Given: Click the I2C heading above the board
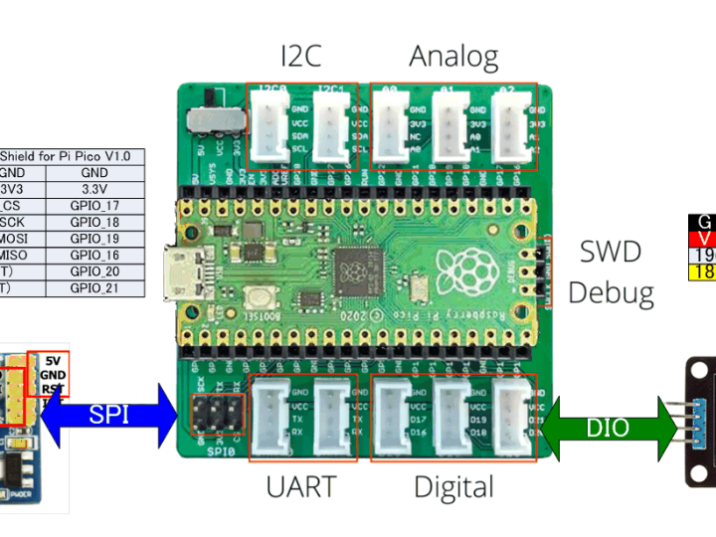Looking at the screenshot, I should (x=300, y=57).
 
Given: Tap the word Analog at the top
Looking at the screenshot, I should (x=453, y=57).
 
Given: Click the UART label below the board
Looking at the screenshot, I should (x=300, y=486).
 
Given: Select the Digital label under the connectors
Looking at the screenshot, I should (x=453, y=486).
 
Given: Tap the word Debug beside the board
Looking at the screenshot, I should (x=611, y=292).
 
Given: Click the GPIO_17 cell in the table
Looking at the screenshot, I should (x=94, y=206).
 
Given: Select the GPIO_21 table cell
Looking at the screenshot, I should (x=94, y=287).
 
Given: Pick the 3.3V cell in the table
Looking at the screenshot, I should (x=94, y=189).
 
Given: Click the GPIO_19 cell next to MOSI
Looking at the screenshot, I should (x=94, y=239).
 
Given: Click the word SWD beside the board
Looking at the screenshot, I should (x=611, y=252).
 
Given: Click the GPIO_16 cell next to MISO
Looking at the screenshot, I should (x=94, y=255).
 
